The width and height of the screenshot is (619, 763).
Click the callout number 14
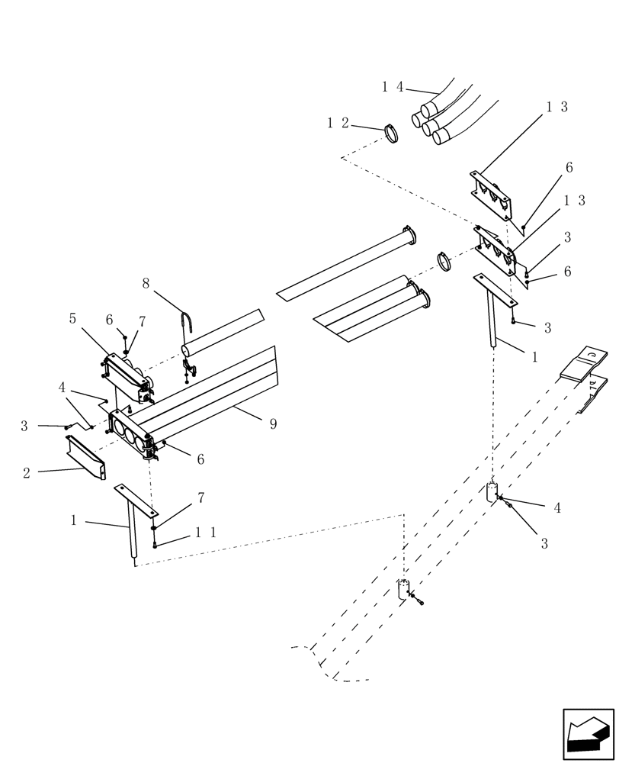393,87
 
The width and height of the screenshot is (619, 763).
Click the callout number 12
338,122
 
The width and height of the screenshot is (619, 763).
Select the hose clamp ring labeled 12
392,134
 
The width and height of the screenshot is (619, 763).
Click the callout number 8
146,284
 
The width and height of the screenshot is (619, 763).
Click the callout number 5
73,318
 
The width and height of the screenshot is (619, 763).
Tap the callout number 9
273,423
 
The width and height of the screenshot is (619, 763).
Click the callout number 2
27,473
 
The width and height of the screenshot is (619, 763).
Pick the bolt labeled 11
155,544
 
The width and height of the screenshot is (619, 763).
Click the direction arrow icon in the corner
588,734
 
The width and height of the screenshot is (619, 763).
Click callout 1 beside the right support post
534,356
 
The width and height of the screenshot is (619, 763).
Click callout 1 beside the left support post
74,520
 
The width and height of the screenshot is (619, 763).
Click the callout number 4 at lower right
557,507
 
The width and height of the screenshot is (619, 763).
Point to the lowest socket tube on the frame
403,590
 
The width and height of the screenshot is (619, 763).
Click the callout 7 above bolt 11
200,497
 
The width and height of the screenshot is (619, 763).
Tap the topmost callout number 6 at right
569,168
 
